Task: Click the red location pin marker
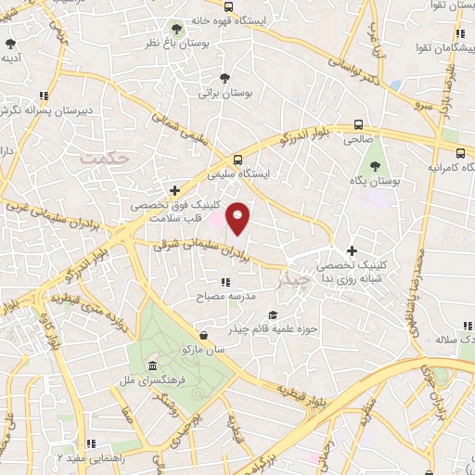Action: [x=238, y=218]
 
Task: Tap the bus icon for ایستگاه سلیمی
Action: [x=238, y=159]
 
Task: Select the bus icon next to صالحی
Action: [x=358, y=124]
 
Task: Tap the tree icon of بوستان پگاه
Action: [x=375, y=167]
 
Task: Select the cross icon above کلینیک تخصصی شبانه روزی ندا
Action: [x=352, y=250]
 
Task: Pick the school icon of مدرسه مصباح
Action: [x=225, y=281]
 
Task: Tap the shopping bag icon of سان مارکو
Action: [x=203, y=334]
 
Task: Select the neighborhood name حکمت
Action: [x=102, y=159]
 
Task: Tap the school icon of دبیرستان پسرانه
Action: [x=43, y=95]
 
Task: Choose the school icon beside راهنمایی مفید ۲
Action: [x=89, y=444]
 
